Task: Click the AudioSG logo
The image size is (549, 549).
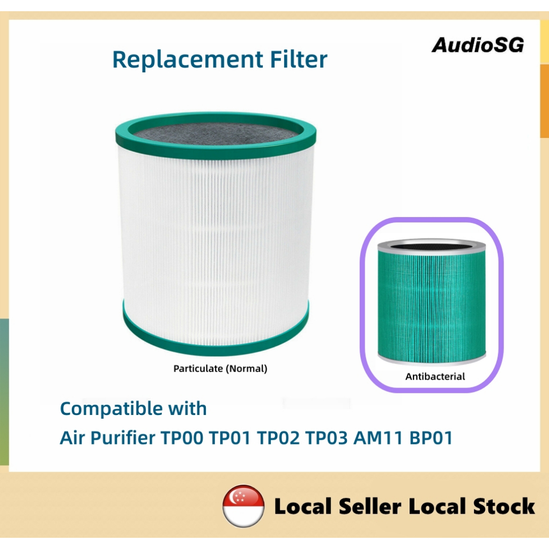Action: pos(478,45)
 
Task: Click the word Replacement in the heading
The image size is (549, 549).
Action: pos(188,60)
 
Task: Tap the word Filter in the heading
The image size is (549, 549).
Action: pos(299,59)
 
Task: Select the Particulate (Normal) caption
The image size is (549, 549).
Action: pos(220,368)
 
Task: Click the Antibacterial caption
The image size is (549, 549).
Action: pos(435,376)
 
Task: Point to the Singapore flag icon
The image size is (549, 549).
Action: pos(243,506)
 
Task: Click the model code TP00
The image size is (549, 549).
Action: pos(182,437)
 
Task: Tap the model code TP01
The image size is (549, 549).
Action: pos(229,437)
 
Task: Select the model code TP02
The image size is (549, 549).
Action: pos(278,437)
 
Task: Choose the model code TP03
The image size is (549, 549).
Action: pos(327,437)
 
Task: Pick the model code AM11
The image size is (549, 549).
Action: pos(378,437)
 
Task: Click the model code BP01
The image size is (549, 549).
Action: pos(431,437)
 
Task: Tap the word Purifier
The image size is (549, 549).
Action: pos(123,438)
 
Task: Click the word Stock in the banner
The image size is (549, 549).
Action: pos(504,506)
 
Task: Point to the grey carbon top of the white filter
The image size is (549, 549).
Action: pos(217,133)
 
